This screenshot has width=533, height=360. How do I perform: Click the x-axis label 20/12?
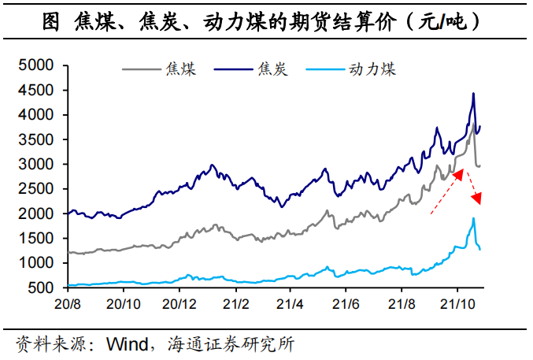179,303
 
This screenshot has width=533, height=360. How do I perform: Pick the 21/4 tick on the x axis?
291,303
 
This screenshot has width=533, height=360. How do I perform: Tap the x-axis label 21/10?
457,303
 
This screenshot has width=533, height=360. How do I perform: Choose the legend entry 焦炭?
272,70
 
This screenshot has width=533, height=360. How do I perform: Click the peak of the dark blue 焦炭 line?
473,94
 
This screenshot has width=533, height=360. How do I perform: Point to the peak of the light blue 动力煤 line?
473,218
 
